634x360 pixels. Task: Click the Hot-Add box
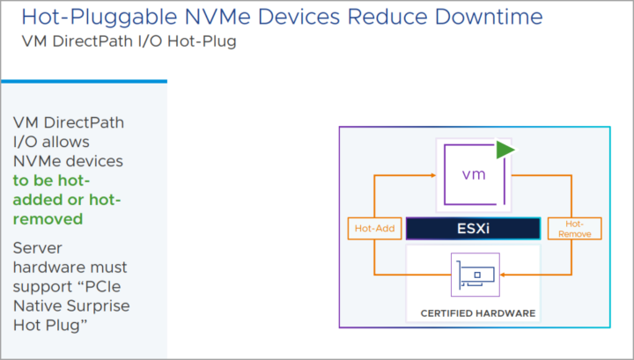tap(374, 228)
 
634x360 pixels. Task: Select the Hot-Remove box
tap(574, 228)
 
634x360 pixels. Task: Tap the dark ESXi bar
tap(473, 228)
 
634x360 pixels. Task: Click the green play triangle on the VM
tap(505, 150)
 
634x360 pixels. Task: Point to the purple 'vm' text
tap(474, 174)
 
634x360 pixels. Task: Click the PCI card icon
tap(475, 275)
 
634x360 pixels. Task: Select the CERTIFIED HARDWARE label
tap(478, 313)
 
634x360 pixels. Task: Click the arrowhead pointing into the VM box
tap(433, 175)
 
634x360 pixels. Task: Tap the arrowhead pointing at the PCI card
tap(503, 275)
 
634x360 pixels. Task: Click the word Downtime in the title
tap(489, 17)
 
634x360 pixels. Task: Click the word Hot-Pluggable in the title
tap(100, 18)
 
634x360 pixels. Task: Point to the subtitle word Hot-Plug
tap(202, 41)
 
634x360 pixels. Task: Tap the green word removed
tap(48, 219)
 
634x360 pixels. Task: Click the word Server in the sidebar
tap(38, 247)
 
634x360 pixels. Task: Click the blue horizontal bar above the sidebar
tap(85, 81)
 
